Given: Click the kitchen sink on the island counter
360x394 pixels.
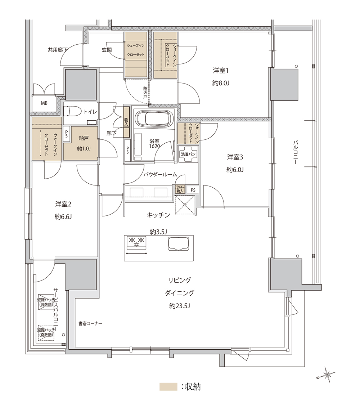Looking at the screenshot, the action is point(178,243).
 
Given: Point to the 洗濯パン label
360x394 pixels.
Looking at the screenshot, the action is point(188,154).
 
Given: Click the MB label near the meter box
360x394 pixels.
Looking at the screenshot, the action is point(44,103).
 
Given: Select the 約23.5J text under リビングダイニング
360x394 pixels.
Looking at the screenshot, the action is point(179,306).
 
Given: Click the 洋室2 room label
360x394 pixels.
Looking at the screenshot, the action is point(63,204).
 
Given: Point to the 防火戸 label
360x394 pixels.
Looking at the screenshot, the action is point(145,92).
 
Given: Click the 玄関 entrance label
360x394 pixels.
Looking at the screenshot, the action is point(107,50).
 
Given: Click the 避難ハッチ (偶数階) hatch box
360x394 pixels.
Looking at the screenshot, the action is point(46,302).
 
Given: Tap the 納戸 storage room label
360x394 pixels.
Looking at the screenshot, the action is point(84,138).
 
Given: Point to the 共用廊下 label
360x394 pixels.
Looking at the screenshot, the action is point(58,50).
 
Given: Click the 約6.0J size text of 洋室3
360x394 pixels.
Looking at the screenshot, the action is point(235,170).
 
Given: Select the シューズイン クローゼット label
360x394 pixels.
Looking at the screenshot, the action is point(136,50).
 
